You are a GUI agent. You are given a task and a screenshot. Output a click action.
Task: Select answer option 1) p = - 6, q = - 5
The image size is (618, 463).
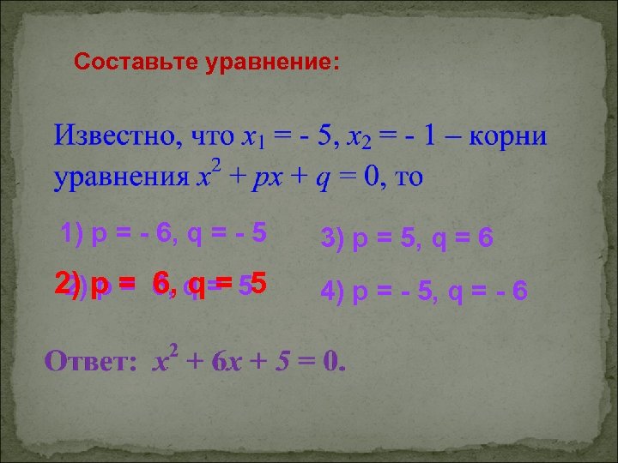[x=163, y=232]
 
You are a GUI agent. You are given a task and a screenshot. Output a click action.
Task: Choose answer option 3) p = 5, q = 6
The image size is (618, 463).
[x=407, y=238]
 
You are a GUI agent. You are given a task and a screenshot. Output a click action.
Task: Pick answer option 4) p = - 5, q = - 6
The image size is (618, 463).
[x=424, y=292]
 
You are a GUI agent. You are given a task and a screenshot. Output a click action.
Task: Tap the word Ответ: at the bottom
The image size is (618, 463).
[x=90, y=362]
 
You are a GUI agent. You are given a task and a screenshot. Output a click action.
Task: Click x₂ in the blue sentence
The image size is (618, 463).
[x=359, y=136]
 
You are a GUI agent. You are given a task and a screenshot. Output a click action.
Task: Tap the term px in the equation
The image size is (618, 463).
[x=263, y=177]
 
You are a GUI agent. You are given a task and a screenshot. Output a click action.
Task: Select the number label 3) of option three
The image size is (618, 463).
[x=330, y=238]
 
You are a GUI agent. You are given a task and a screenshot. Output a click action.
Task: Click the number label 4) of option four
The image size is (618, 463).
[x=331, y=292]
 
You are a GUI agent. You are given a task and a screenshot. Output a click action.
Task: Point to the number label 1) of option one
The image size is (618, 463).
[x=72, y=232]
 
